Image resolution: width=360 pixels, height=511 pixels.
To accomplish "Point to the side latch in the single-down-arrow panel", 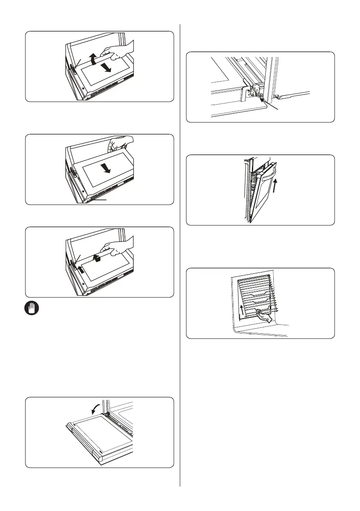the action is [74, 174].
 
